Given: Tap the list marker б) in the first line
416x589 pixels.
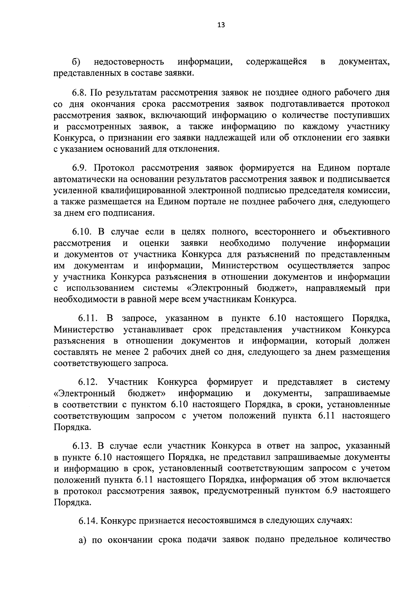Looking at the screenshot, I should click(76, 62).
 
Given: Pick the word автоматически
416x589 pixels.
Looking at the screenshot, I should click(88, 179).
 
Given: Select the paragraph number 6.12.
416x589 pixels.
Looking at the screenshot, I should click(88, 382).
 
